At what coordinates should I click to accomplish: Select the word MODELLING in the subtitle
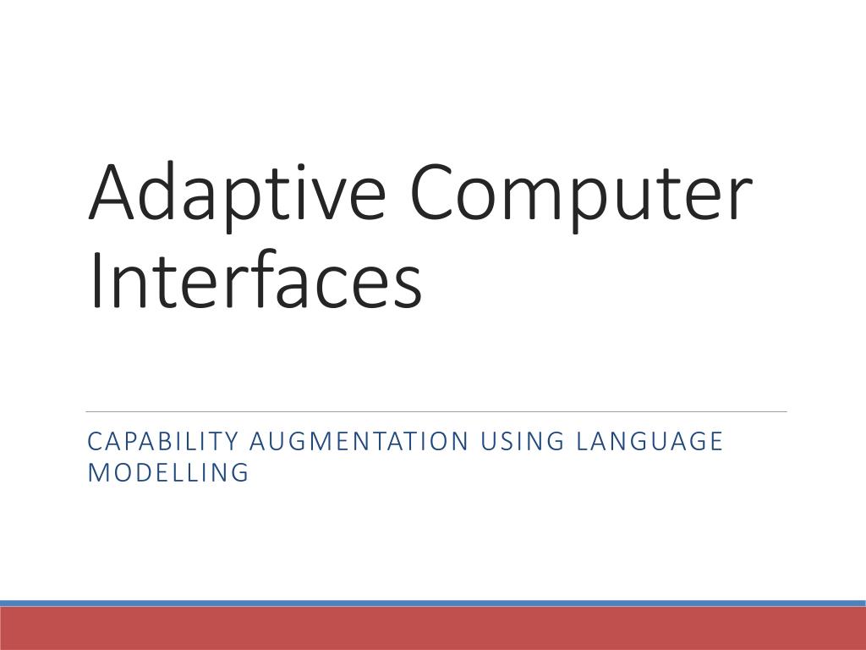[168, 472]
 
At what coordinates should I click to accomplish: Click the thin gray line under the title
[436, 412]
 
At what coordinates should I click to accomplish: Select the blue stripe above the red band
[433, 603]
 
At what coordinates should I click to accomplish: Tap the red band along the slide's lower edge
[433, 629]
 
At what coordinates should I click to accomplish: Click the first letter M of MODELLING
[96, 472]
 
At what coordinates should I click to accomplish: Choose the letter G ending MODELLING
[241, 472]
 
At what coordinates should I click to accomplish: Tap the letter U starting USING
[488, 442]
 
